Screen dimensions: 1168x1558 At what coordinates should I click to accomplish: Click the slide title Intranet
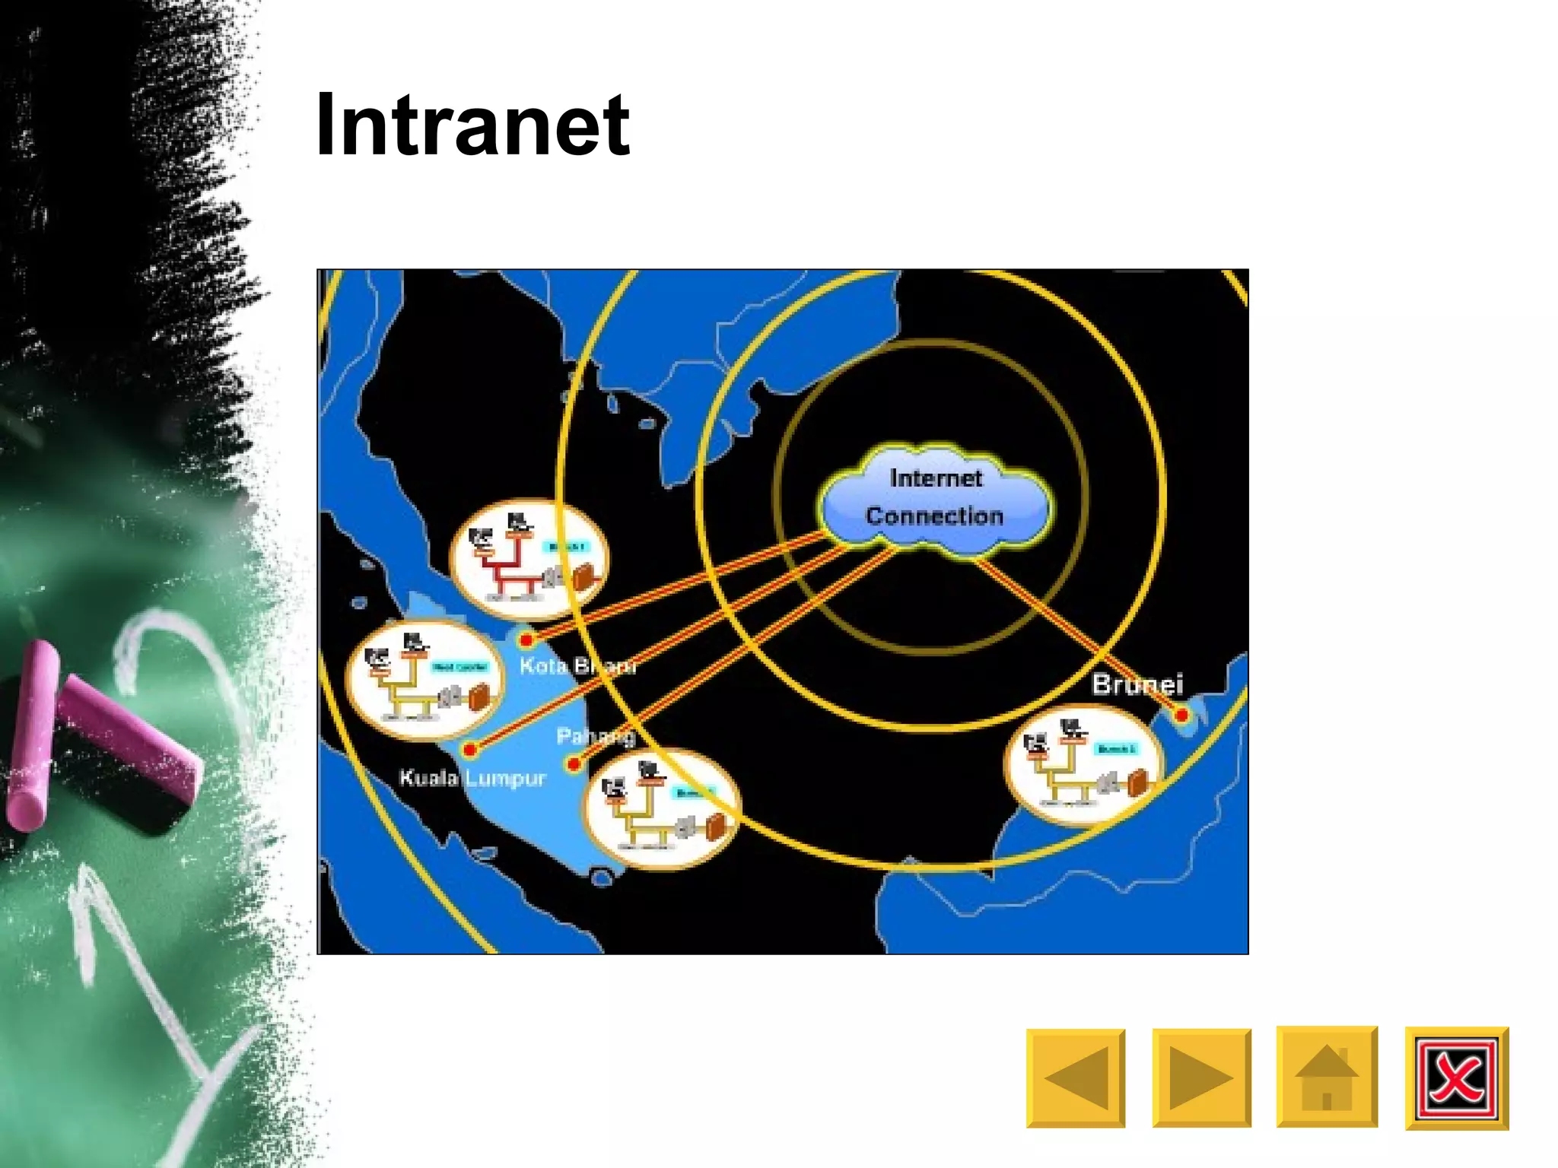pos(472,125)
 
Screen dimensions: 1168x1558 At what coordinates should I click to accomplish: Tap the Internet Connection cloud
pos(935,498)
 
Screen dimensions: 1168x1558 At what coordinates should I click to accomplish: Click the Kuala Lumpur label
pos(472,778)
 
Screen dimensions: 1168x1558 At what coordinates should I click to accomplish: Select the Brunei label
pos(1137,684)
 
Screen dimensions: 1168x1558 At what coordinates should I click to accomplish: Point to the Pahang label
pos(596,736)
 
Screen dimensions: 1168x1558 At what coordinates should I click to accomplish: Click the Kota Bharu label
pos(577,666)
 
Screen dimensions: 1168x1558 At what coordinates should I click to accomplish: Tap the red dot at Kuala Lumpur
pos(470,750)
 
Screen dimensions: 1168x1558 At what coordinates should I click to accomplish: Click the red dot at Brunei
pos(1181,715)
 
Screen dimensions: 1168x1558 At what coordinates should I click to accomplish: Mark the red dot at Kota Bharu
pos(526,640)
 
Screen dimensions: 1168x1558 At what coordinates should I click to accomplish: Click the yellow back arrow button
pos(1075,1078)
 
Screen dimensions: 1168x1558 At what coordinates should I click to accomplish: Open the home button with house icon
pos(1327,1076)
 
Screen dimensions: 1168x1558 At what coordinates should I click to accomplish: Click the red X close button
pos(1456,1078)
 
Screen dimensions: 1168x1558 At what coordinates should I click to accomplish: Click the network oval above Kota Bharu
pos(528,559)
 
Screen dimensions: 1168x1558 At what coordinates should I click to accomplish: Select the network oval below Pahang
pos(661,809)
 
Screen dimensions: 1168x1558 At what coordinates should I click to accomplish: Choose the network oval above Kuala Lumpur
pos(424,679)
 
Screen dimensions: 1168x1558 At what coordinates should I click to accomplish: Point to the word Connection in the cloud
pos(934,516)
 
